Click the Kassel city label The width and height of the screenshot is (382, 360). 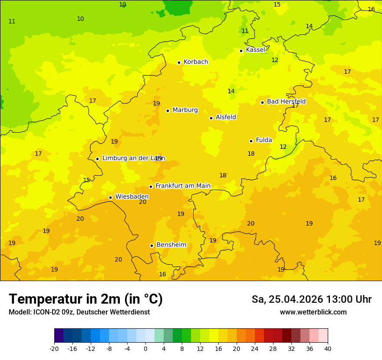[255, 50]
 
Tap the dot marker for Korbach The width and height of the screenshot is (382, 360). [179, 62]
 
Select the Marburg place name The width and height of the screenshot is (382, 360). [185, 110]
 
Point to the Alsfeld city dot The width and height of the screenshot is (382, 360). [211, 118]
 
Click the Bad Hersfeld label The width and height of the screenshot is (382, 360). [286, 101]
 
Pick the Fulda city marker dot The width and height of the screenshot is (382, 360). [251, 141]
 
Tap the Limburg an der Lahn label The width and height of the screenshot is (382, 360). [133, 158]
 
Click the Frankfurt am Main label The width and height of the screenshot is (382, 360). [183, 186]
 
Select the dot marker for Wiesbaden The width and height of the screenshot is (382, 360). [110, 197]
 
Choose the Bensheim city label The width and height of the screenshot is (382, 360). [171, 245]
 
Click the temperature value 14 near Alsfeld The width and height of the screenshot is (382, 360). [231, 91]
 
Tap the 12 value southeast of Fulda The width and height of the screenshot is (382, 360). [283, 147]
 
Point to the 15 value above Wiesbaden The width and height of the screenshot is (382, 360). [86, 180]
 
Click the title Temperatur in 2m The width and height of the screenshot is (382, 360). [86, 299]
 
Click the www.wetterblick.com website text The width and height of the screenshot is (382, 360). [313, 312]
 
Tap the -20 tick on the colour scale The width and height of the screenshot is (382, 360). [54, 348]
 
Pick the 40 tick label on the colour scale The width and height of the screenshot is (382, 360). [328, 348]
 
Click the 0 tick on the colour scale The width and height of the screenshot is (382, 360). [145, 348]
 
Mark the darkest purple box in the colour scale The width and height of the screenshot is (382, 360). [59, 336]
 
